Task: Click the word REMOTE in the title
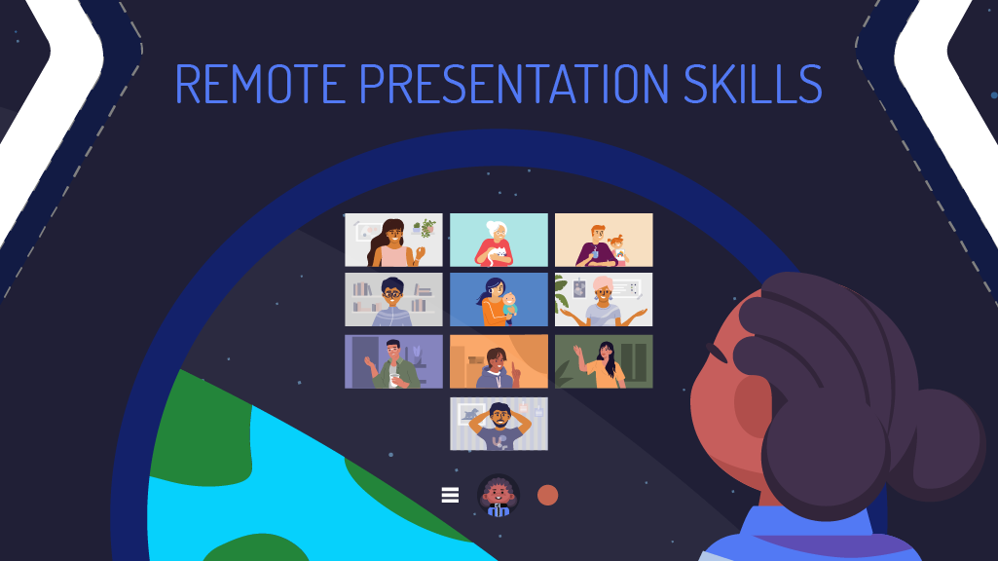[x=260, y=84]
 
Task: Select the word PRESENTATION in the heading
[x=514, y=84]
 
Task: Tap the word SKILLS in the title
[x=753, y=84]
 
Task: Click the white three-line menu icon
[x=450, y=495]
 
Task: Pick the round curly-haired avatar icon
[x=499, y=495]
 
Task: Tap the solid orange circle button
[x=547, y=495]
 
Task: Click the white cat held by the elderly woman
[x=498, y=256]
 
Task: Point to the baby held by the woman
[x=508, y=306]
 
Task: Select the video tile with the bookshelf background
[x=393, y=299]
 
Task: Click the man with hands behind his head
[x=499, y=426]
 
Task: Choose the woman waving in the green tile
[x=603, y=364]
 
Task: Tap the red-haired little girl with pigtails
[x=616, y=249]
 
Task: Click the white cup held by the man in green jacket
[x=394, y=380]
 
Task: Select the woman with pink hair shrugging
[x=603, y=302]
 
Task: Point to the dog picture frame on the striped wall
[x=470, y=414]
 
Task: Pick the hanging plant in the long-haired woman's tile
[x=426, y=228]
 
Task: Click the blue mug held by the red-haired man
[x=594, y=254]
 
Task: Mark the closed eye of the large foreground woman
[x=717, y=353]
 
